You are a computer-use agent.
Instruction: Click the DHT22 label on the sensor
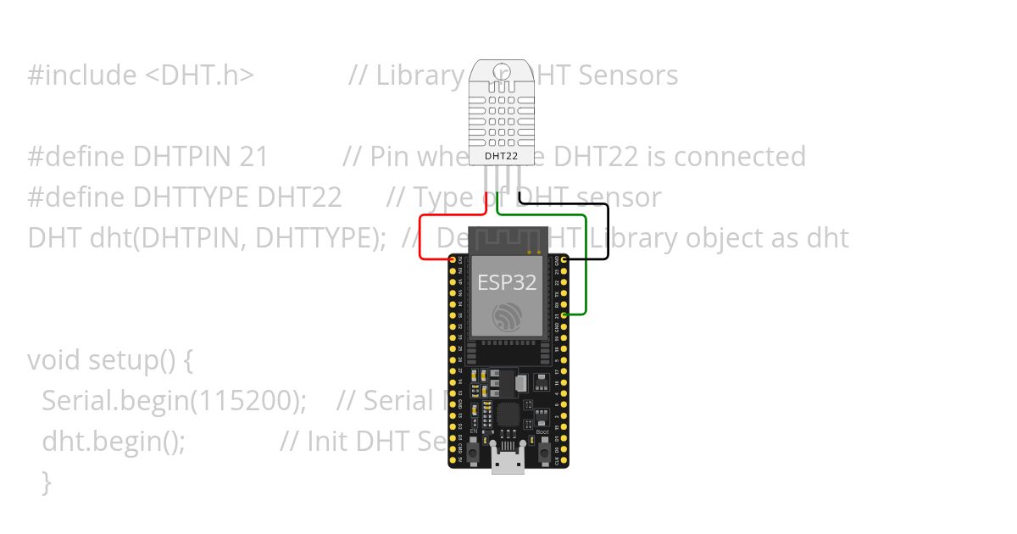click(501, 156)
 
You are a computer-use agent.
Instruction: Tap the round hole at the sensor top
click(501, 70)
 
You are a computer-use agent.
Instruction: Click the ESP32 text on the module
click(507, 282)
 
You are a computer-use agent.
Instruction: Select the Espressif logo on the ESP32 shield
click(508, 317)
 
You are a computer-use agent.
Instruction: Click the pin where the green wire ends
click(565, 314)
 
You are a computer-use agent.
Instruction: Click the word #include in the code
click(81, 75)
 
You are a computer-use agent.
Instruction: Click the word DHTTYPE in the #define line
click(191, 197)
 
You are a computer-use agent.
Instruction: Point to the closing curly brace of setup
click(47, 482)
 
